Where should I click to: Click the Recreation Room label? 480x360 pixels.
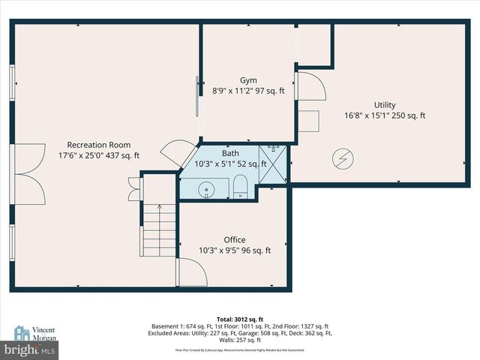pyautogui.click(x=99, y=145)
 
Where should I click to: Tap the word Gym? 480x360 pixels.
pyautogui.click(x=248, y=80)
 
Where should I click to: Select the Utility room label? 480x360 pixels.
pyautogui.click(x=385, y=105)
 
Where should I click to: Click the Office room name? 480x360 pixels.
pyautogui.click(x=235, y=240)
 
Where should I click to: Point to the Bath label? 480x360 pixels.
pyautogui.click(x=230, y=153)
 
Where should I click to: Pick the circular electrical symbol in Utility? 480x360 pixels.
pyautogui.click(x=342, y=158)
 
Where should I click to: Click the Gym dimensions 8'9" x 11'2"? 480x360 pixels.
pyautogui.click(x=248, y=91)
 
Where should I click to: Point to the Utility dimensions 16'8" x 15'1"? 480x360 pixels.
pyautogui.click(x=385, y=116)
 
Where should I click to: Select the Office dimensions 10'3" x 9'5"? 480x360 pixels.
pyautogui.click(x=235, y=251)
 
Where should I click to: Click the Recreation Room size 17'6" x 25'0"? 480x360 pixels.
pyautogui.click(x=99, y=156)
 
